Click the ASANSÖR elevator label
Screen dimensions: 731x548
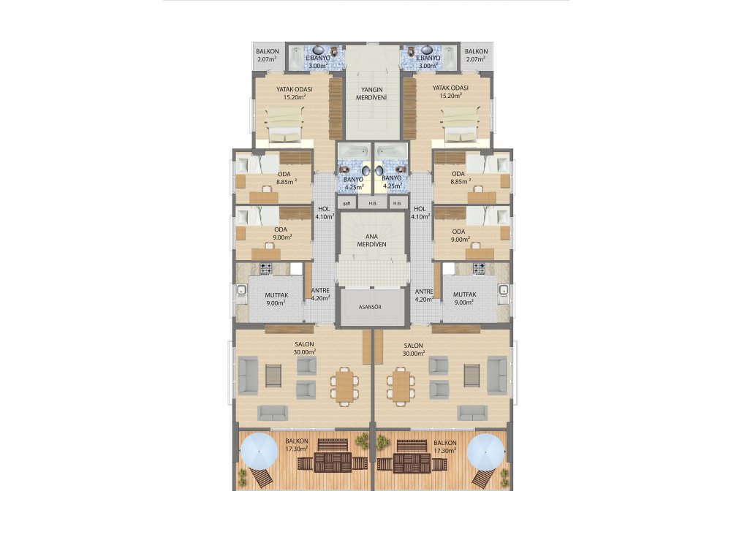pos(370,307)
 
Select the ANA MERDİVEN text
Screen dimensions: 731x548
pos(371,240)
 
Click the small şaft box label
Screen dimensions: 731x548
pos(346,204)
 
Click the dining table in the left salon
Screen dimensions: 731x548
pos(345,385)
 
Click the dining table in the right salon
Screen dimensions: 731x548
pos(401,385)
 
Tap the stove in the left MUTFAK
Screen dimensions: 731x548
pos(266,268)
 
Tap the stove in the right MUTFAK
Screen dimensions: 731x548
pos(480,268)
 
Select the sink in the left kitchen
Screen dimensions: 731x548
pos(241,291)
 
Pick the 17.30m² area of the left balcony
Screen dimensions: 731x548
pos(297,449)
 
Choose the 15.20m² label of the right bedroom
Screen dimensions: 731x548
pos(451,96)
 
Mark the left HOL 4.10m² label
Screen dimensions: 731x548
pos(324,213)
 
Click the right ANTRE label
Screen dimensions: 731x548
pos(424,292)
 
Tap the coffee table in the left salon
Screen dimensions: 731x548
pos(273,376)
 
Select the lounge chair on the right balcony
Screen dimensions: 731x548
pos(483,477)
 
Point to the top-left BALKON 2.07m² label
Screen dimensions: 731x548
pos(267,55)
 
